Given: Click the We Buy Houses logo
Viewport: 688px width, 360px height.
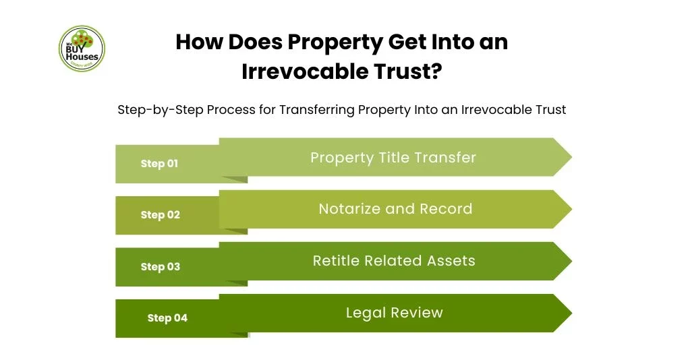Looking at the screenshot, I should pyautogui.click(x=82, y=49).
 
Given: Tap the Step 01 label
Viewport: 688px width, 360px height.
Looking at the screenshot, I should pyautogui.click(x=159, y=163).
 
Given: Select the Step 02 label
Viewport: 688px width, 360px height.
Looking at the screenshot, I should pyautogui.click(x=160, y=215).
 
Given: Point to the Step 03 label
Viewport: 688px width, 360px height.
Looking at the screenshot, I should pyautogui.click(x=160, y=267).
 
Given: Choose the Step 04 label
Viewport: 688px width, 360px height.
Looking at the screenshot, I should pyautogui.click(x=167, y=318).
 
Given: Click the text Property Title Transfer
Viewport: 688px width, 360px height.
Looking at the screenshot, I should pyautogui.click(x=393, y=157).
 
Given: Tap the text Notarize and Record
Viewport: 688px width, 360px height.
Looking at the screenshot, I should pyautogui.click(x=395, y=209).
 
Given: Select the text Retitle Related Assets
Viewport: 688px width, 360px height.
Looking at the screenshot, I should pyautogui.click(x=394, y=261).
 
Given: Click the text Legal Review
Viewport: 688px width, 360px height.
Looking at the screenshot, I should pyautogui.click(x=395, y=313).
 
